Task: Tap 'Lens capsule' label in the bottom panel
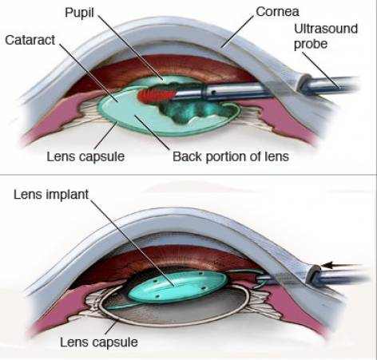pos(99,342)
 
